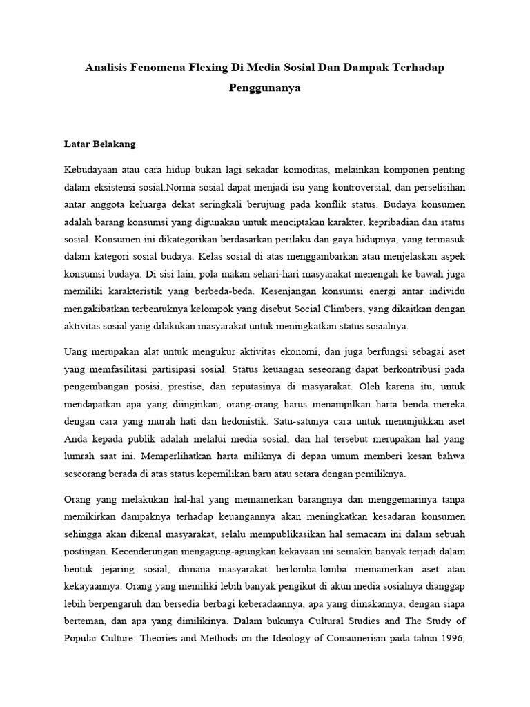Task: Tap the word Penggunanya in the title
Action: coord(265,88)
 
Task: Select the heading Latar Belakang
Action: coord(99,144)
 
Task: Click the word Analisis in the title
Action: coord(109,68)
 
